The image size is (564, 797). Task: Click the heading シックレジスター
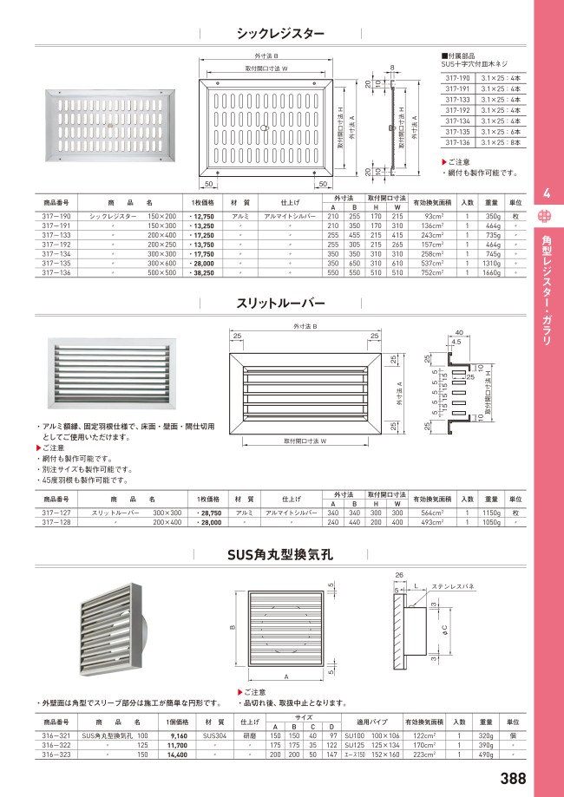click(281, 34)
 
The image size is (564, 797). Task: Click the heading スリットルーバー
click(281, 303)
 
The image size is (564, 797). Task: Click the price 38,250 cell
click(203, 271)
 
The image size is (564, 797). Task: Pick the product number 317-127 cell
click(56, 513)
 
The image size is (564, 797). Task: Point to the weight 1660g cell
click(492, 271)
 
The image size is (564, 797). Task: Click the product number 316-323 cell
click(56, 755)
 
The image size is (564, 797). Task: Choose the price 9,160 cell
click(177, 735)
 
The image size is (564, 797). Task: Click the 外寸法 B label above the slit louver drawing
click(302, 326)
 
